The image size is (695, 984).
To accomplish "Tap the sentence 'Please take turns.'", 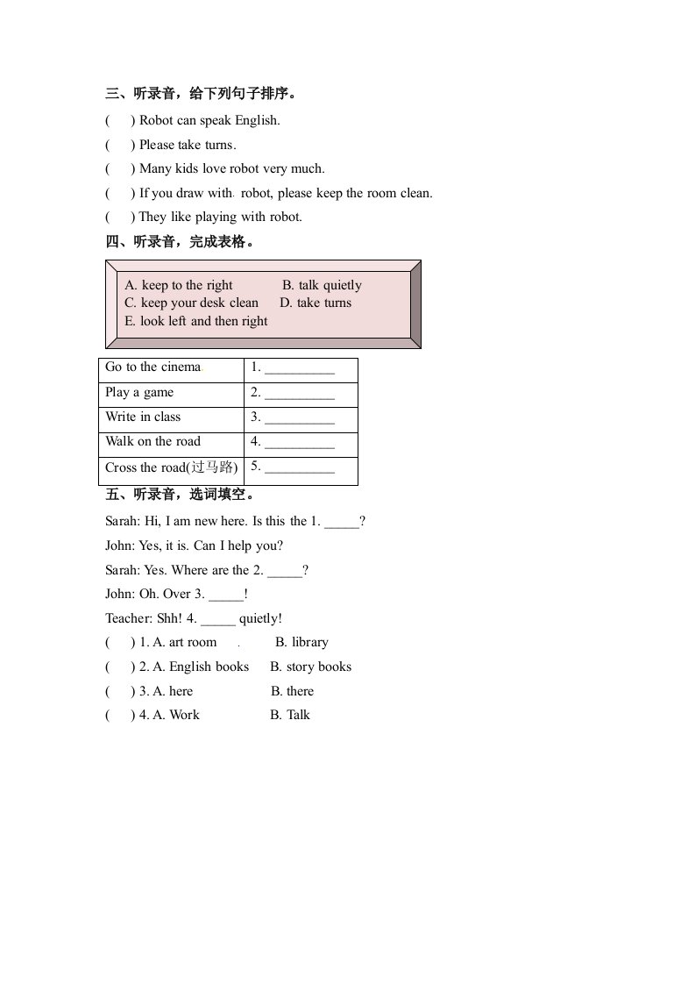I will click(188, 145).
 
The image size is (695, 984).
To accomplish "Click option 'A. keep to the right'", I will click(179, 285).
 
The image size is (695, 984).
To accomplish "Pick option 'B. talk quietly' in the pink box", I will click(322, 285).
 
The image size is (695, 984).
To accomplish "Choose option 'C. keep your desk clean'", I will click(192, 303).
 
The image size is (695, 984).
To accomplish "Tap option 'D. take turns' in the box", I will click(316, 303).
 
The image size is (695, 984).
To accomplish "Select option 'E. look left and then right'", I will click(196, 322).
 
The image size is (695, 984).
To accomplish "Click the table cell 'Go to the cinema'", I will click(153, 367).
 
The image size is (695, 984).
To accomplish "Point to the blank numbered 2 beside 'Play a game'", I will click(299, 394).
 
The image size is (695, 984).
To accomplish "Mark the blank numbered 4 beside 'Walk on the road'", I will click(299, 443).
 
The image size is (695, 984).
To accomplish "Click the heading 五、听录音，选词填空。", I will click(180, 496).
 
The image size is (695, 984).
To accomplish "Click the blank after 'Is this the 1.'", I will click(341, 523).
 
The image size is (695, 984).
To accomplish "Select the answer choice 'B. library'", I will click(301, 643).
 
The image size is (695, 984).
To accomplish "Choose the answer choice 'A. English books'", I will click(201, 667).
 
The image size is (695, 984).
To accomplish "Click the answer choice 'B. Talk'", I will click(290, 716).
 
